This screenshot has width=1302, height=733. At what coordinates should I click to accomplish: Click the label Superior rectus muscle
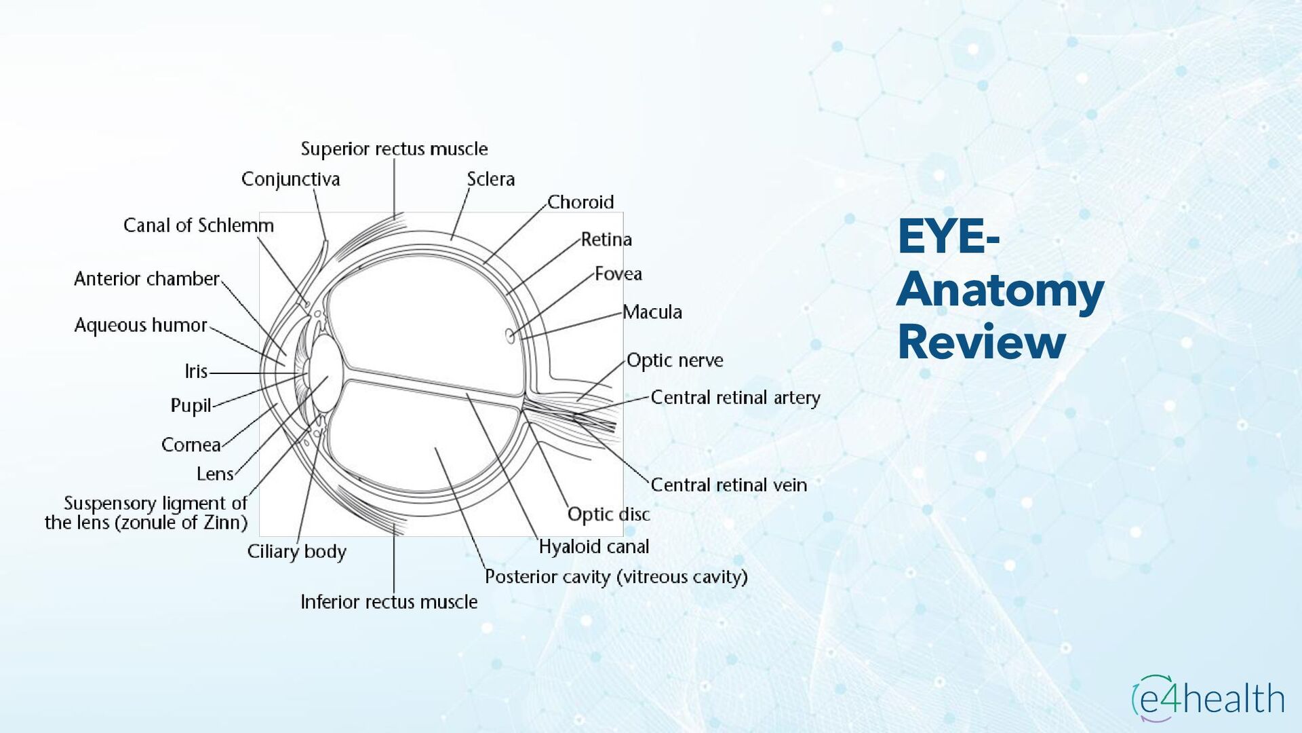394,149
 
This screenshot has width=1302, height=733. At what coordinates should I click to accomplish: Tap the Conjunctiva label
290,179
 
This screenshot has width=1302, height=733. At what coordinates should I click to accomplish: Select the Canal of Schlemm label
198,225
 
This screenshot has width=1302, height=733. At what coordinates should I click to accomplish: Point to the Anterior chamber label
146,279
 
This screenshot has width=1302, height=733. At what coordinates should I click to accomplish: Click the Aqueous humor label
140,325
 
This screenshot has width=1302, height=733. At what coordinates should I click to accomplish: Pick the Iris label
196,371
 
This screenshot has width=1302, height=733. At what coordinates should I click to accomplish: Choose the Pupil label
191,406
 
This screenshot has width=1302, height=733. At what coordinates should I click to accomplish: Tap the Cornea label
191,445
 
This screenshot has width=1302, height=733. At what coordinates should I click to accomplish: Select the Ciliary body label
296,551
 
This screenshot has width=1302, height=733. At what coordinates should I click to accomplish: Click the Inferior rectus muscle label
389,602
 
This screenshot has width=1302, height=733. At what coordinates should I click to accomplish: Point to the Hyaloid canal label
593,546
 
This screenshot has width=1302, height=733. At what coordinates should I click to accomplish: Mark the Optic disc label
608,514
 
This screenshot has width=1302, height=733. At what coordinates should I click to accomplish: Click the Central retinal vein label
728,485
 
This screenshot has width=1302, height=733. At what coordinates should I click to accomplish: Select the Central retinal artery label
735,398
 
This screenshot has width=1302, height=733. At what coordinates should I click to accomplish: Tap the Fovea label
618,274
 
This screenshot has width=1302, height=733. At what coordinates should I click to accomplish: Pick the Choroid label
580,202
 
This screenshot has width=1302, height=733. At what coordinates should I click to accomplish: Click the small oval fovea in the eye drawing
510,335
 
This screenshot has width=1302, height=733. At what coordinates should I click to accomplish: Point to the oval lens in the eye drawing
325,374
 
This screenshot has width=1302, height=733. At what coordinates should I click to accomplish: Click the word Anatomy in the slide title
1000,290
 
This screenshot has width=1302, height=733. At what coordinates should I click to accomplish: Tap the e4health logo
1208,698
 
